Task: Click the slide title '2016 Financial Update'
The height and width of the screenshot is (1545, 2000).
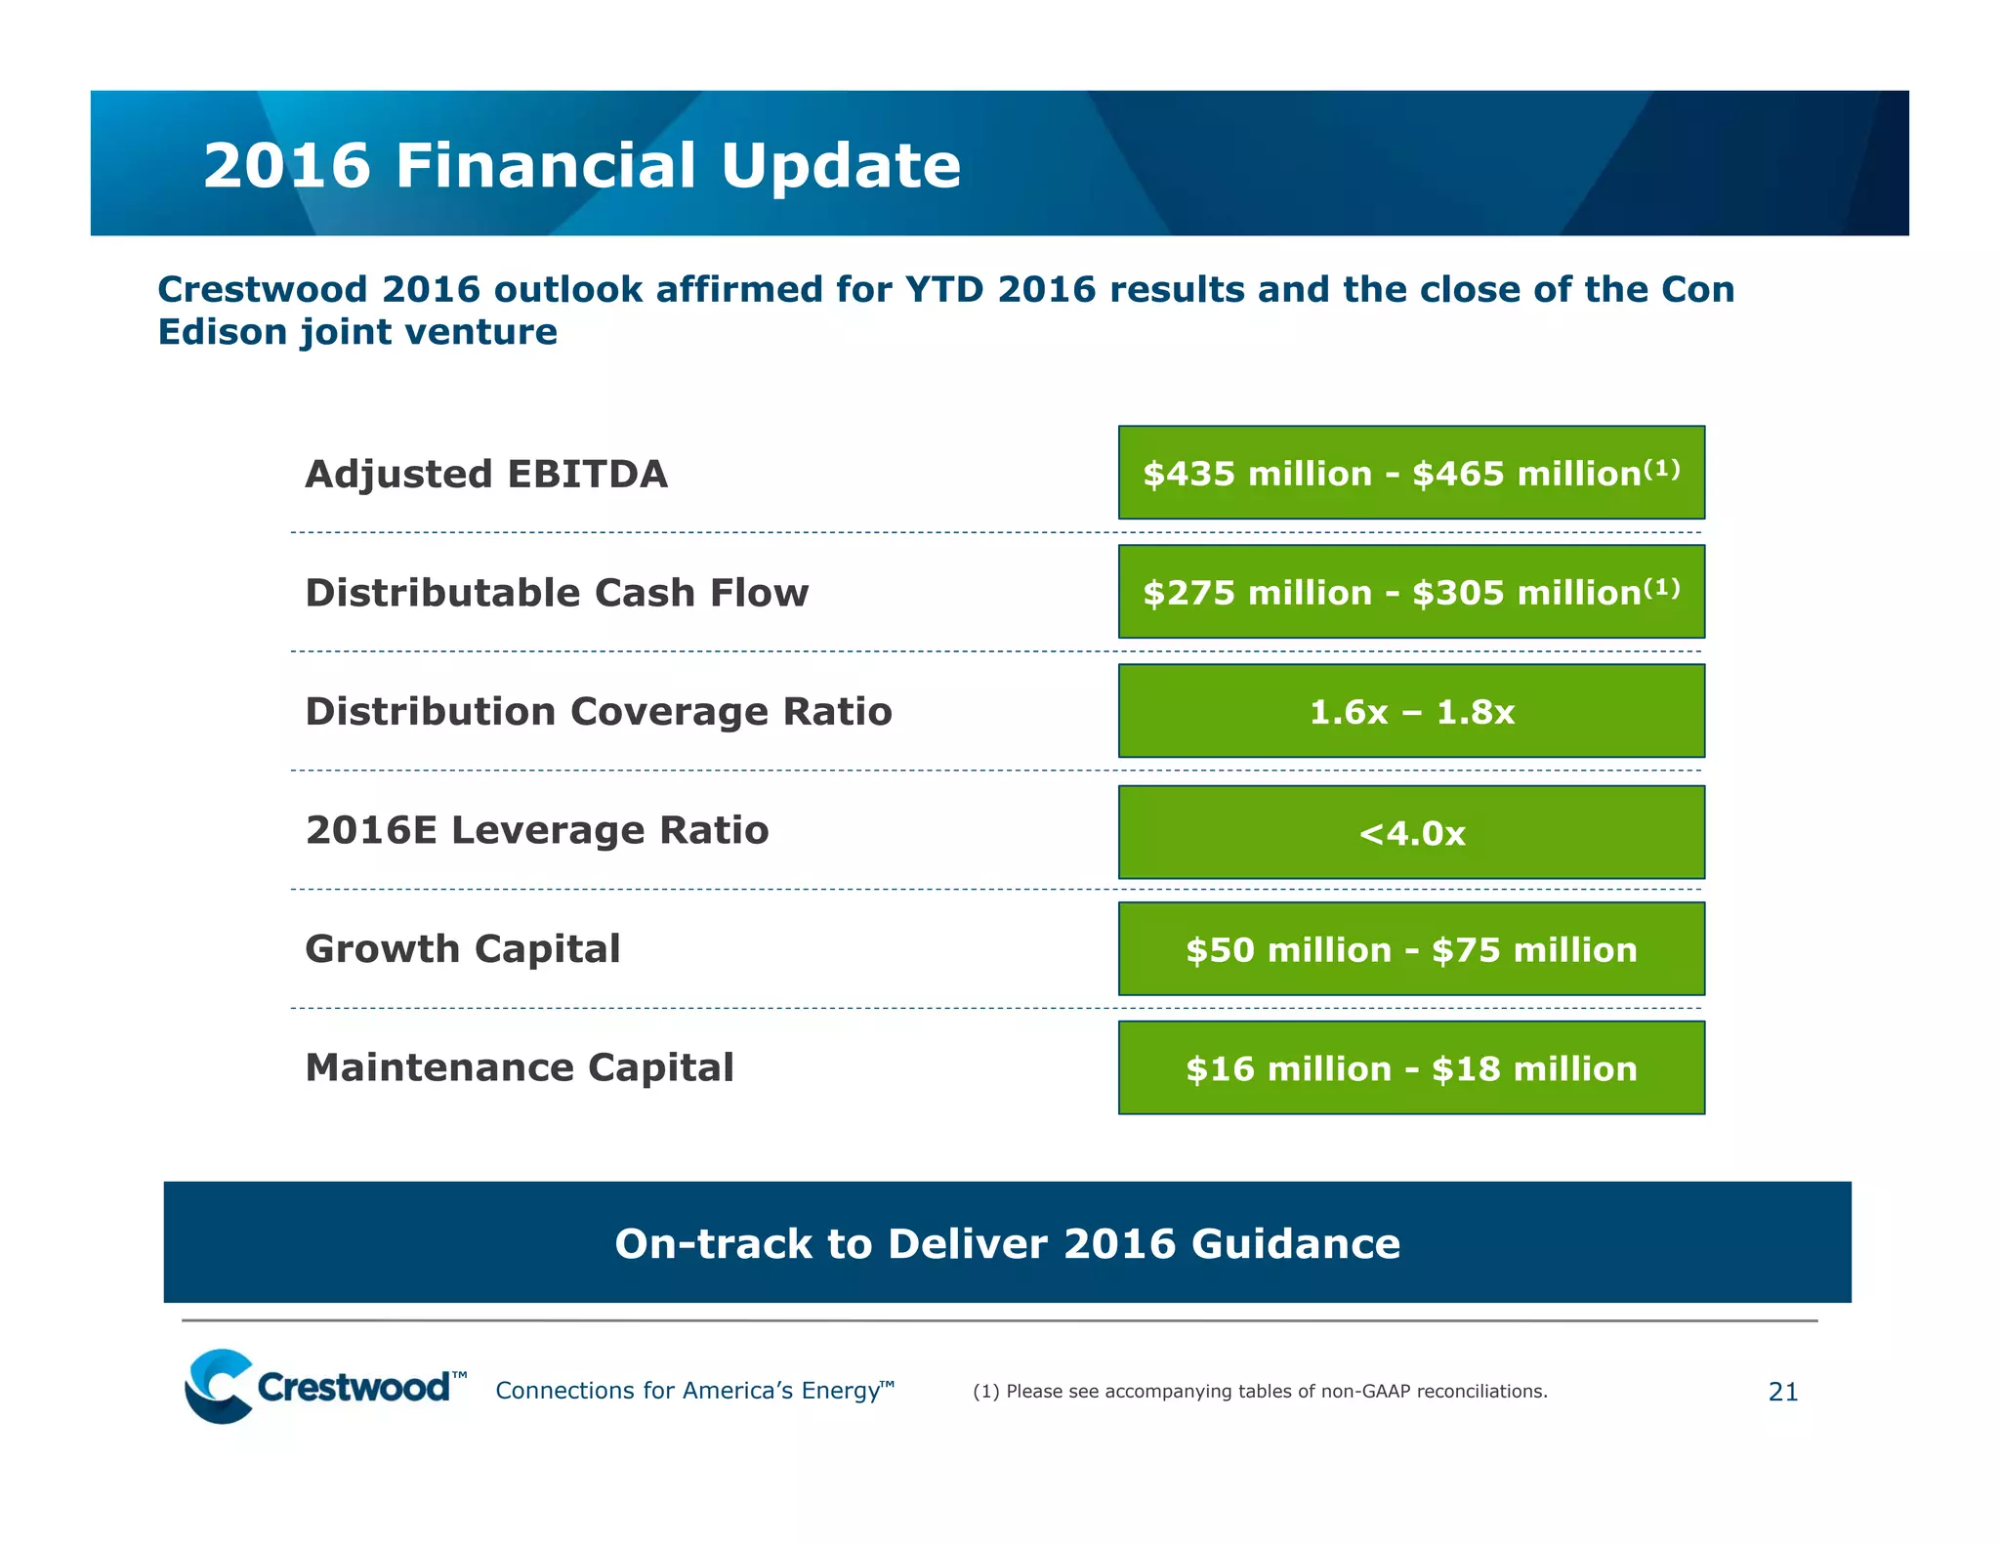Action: click(582, 165)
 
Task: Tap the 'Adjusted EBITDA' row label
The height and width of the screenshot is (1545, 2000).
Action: click(486, 475)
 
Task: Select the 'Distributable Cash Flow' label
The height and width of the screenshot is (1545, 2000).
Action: click(557, 593)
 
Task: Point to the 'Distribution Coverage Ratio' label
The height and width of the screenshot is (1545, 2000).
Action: click(599, 712)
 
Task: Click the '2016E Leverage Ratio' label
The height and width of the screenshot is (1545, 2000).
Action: click(537, 831)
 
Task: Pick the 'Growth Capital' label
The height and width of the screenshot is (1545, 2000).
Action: click(463, 949)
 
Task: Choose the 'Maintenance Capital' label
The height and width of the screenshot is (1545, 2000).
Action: click(520, 1068)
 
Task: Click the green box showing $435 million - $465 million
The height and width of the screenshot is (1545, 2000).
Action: click(1411, 473)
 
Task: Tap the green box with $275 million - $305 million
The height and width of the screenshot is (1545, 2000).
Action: click(1411, 592)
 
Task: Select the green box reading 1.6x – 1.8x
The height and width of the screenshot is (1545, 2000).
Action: click(1411, 712)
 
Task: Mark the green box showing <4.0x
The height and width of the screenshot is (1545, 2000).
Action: click(1411, 833)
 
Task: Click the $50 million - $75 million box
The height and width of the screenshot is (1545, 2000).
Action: click(1411, 950)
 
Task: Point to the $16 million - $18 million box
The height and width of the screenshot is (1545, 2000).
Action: click(1411, 1068)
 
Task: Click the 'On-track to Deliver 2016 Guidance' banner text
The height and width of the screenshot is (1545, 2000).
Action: click(1007, 1244)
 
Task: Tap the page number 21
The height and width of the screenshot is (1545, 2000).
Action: click(1783, 1392)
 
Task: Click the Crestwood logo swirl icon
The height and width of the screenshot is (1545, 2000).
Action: click(220, 1386)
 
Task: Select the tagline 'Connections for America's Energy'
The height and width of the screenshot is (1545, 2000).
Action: click(693, 1391)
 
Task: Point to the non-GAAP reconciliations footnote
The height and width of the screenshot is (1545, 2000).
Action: click(1260, 1392)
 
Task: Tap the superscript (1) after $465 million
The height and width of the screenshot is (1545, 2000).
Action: click(1661, 470)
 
